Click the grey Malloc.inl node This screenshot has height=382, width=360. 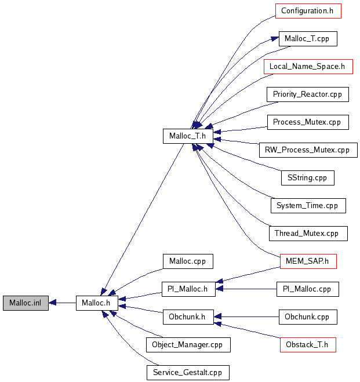[x=25, y=303]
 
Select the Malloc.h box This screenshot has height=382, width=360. [x=97, y=303]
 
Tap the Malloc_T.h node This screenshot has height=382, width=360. [x=188, y=136]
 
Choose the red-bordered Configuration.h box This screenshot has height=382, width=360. [x=307, y=11]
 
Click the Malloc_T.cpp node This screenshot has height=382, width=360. [x=307, y=39]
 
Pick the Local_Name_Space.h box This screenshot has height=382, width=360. [x=308, y=67]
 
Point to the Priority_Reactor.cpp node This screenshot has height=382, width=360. [x=307, y=94]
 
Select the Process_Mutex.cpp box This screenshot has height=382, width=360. [x=307, y=122]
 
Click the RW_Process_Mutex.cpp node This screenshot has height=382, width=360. [x=307, y=150]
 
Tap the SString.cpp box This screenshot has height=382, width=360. [x=307, y=178]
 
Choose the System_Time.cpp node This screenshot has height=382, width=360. [x=307, y=206]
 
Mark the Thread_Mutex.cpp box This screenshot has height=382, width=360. [x=307, y=234]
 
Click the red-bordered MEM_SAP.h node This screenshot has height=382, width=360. [x=307, y=261]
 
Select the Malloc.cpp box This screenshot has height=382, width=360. [x=188, y=261]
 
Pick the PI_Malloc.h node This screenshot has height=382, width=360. [x=188, y=289]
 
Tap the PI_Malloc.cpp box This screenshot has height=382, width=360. [x=307, y=289]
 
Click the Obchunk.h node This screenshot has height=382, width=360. [x=188, y=316]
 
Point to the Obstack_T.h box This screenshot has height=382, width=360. [x=307, y=344]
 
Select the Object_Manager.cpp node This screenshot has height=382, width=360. [x=188, y=344]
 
